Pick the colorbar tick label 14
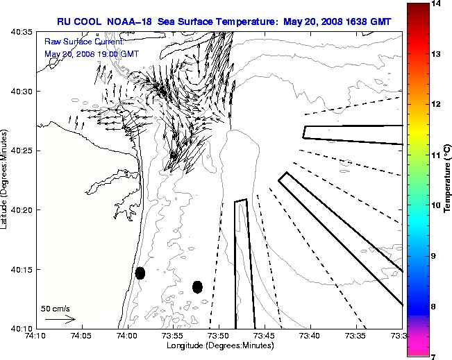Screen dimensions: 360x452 pos(437,4)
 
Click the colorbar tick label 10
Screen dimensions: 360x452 pos(437,205)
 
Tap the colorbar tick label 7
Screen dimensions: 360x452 pos(437,356)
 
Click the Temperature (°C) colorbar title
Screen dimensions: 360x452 pos(449,180)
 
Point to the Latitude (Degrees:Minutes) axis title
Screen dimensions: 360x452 pos(6,180)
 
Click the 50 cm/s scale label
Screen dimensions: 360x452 pos(56,308)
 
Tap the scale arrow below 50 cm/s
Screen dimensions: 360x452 pos(60,320)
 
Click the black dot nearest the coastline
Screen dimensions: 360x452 pos(140,273)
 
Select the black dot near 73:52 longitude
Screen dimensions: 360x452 pos(197,286)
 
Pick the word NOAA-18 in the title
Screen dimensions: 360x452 pos(131,22)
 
